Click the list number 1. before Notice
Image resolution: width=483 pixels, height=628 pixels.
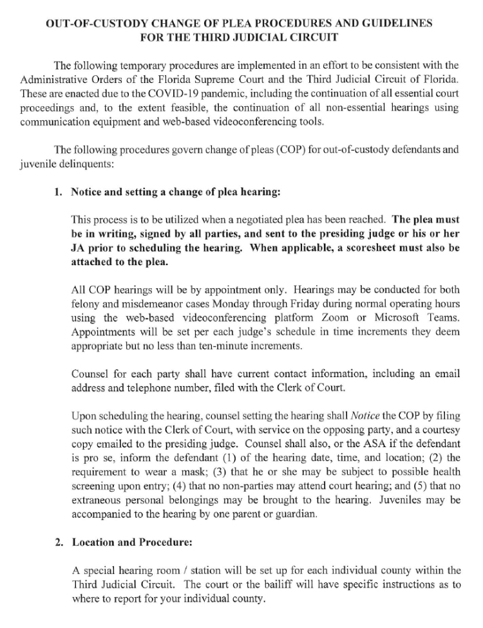point(58,192)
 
